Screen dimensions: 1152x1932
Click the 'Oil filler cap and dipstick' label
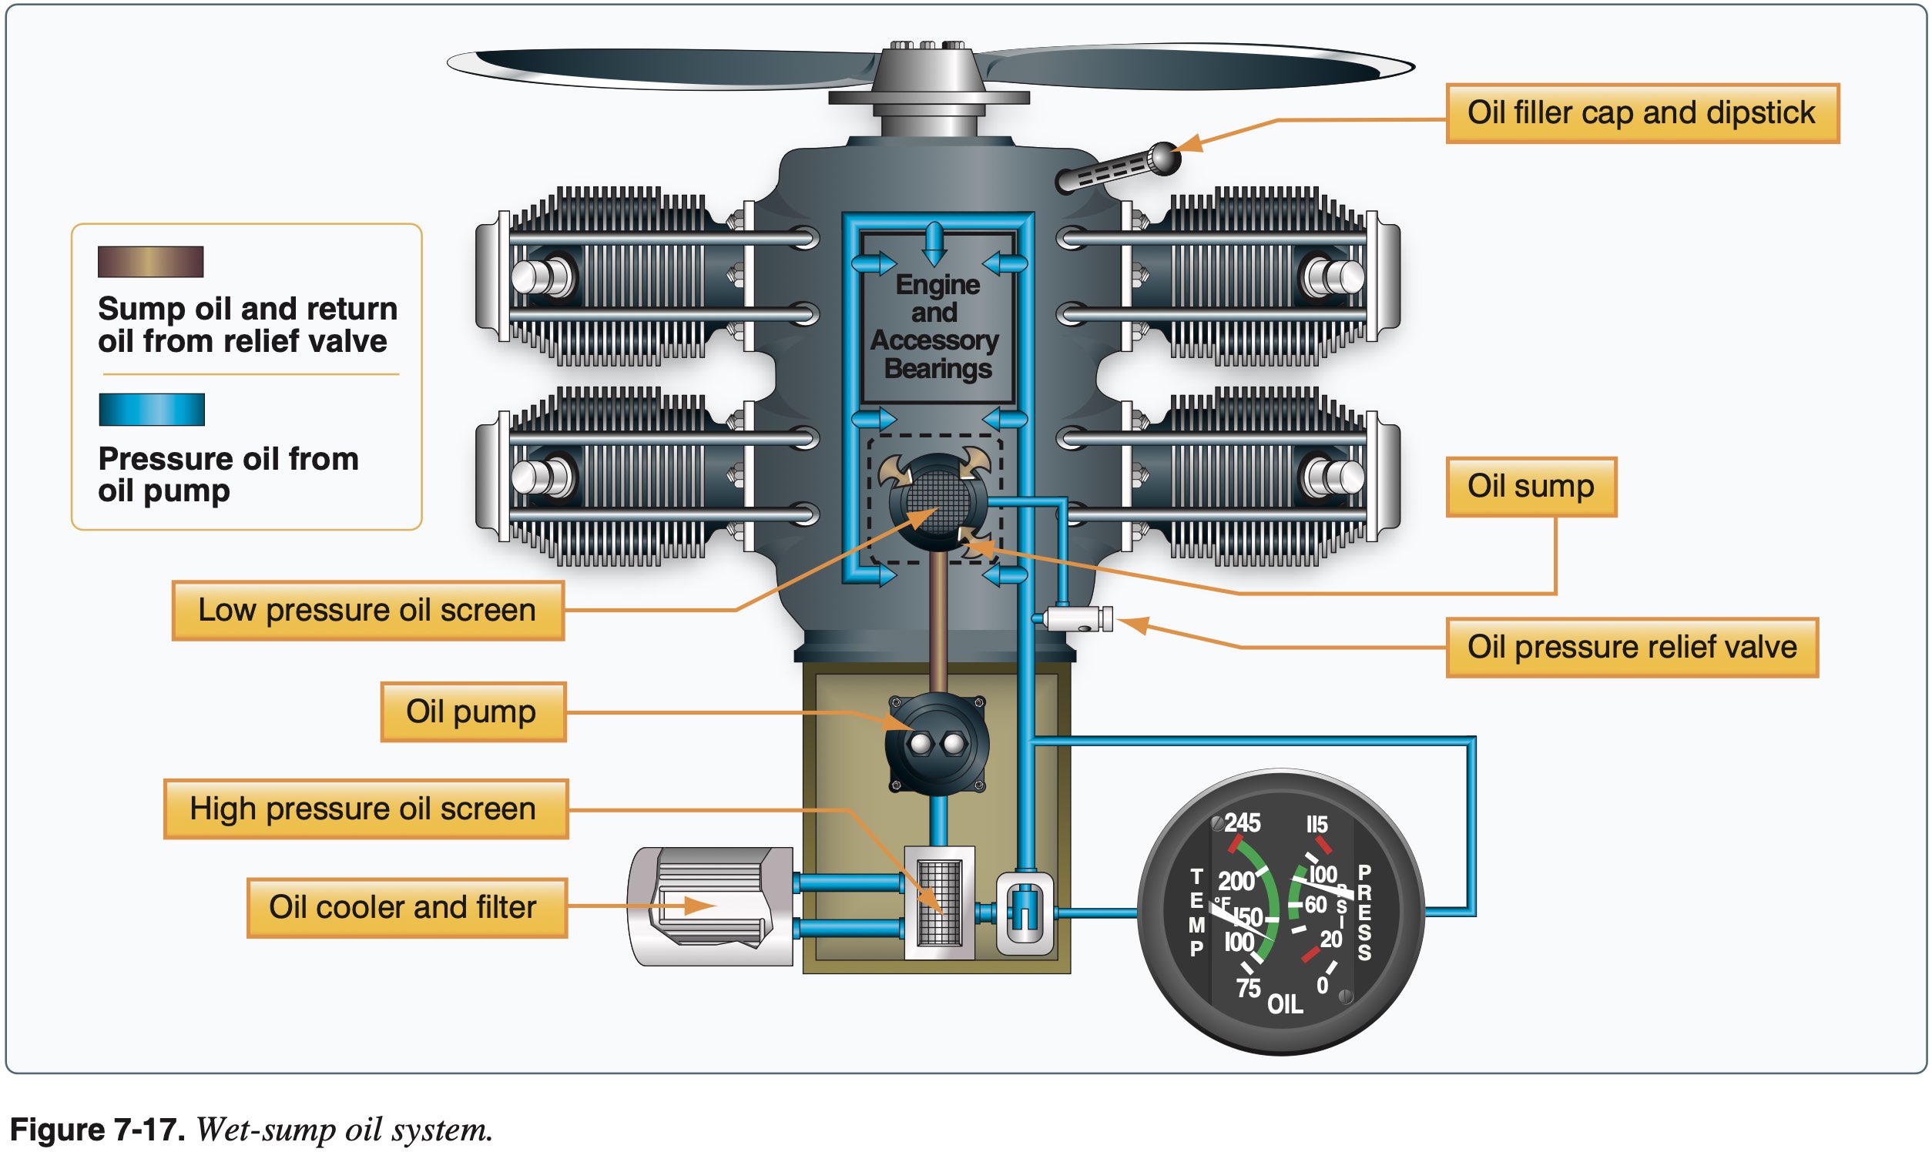click(x=1642, y=113)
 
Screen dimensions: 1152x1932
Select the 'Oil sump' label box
click(x=1531, y=487)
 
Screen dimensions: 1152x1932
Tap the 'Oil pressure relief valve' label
click(x=1632, y=648)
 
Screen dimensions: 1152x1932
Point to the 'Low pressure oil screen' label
click(x=367, y=610)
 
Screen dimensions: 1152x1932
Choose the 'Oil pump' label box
click(x=472, y=712)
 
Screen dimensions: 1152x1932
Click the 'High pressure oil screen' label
click(x=365, y=809)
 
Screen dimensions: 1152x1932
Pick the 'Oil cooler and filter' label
click(x=406, y=907)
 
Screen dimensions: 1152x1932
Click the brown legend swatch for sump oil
click(x=151, y=262)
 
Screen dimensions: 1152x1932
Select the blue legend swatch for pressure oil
click(x=152, y=409)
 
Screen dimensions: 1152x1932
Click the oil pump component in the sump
click(x=937, y=744)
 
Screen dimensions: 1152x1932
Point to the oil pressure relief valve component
click(x=1075, y=619)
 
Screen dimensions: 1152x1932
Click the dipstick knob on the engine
click(x=1162, y=159)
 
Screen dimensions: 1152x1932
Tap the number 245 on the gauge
click(x=1242, y=823)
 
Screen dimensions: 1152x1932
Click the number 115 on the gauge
click(x=1317, y=825)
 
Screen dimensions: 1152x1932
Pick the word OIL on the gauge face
click(x=1285, y=1004)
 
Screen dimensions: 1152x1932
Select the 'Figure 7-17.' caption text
click(x=97, y=1130)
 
